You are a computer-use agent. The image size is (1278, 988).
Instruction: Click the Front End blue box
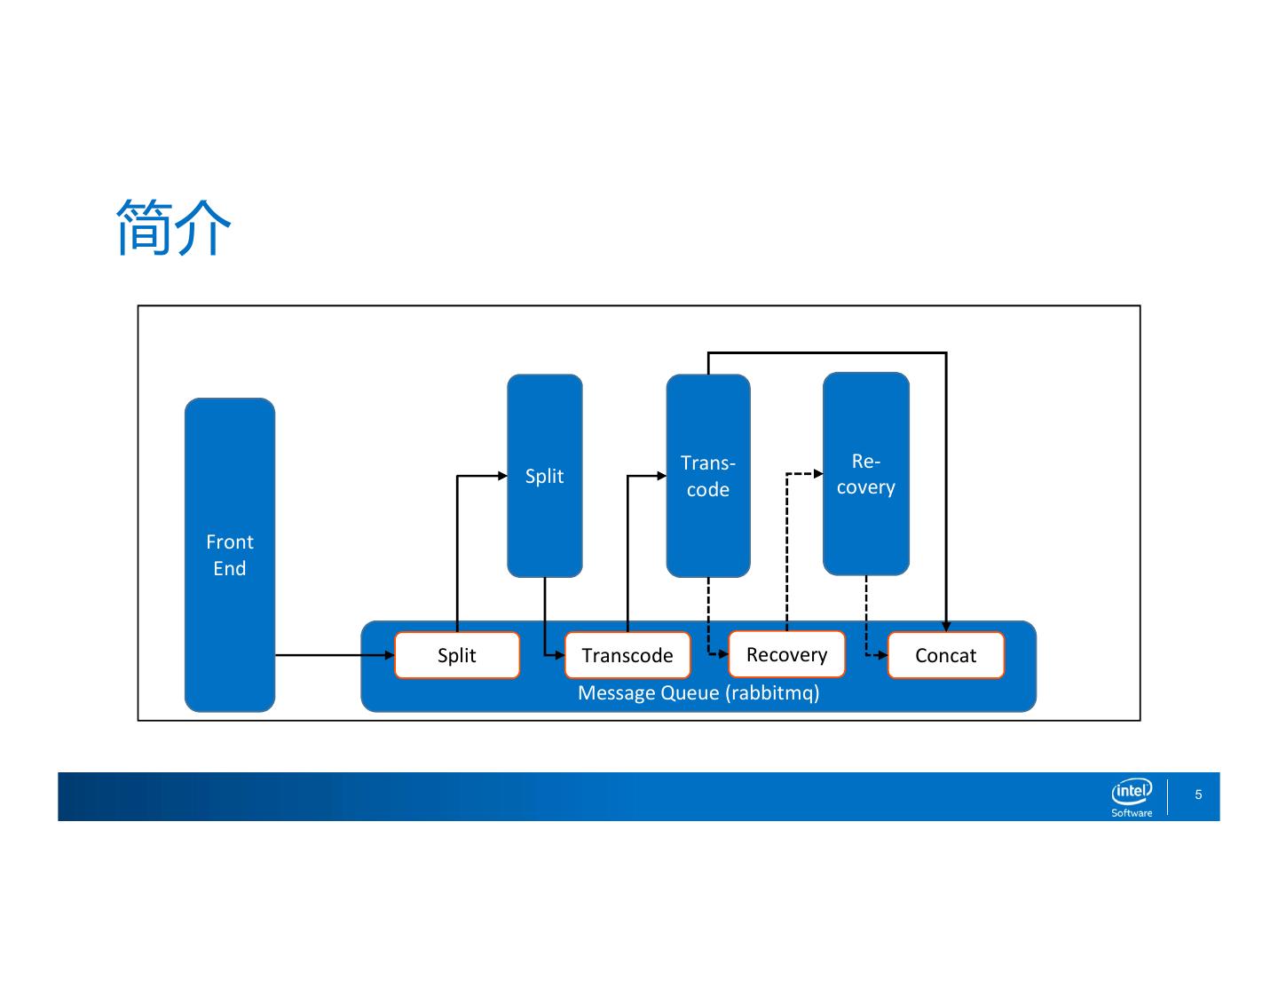click(230, 555)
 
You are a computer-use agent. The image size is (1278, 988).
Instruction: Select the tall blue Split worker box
click(544, 476)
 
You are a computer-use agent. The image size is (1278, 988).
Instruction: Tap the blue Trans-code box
click(707, 476)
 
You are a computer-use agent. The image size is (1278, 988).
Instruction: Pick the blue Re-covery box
click(865, 474)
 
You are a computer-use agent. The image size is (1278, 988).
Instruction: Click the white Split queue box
click(457, 655)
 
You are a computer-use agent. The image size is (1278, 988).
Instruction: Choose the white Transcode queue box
click(627, 655)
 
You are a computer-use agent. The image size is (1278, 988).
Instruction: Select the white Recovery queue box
click(786, 654)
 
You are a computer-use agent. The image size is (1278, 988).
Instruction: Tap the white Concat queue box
click(945, 655)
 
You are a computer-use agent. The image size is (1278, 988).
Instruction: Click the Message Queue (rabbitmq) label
click(698, 692)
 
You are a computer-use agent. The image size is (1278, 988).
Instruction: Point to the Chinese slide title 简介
click(174, 228)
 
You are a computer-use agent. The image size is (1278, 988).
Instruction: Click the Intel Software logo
click(1132, 796)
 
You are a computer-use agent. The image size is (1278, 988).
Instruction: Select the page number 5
click(1198, 794)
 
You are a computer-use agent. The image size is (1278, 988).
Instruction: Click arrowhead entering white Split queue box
click(389, 655)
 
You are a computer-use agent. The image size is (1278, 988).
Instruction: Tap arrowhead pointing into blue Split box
click(502, 476)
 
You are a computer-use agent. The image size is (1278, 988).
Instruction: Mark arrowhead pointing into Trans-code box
click(661, 476)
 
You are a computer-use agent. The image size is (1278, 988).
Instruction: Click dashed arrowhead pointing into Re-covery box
click(818, 474)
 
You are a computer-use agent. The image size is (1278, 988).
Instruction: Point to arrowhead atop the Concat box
click(946, 627)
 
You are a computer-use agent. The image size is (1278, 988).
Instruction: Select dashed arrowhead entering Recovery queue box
click(723, 654)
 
